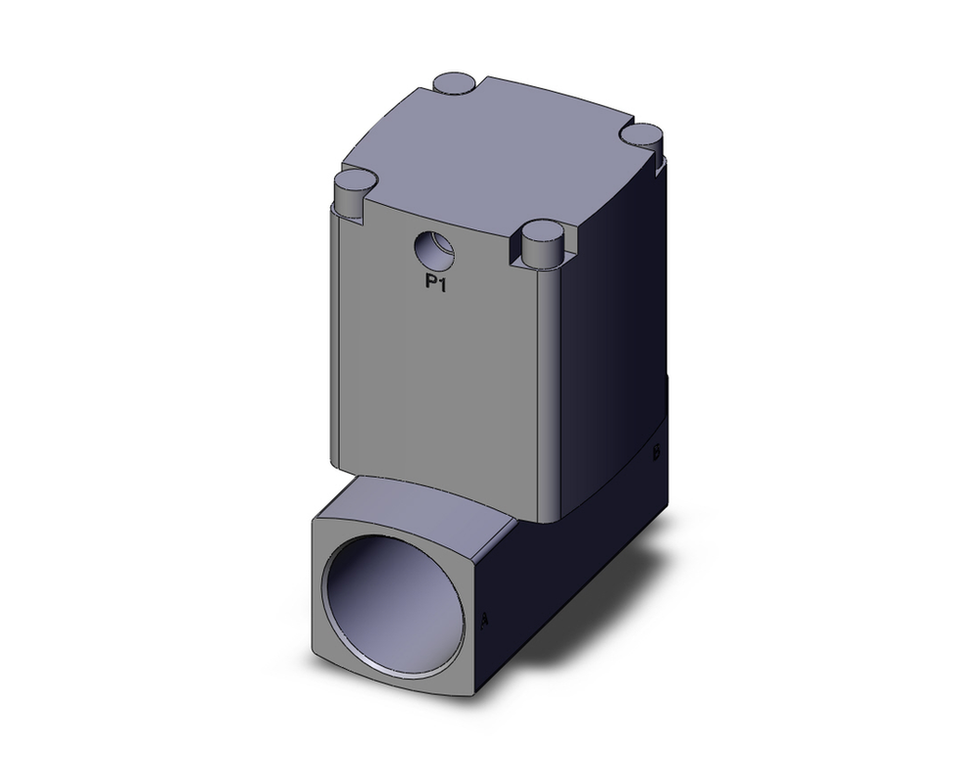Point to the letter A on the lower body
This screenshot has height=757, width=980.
(x=487, y=620)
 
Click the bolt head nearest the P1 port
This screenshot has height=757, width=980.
(x=541, y=241)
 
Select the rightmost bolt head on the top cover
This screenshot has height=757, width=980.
(x=644, y=136)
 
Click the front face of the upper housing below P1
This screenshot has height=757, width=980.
(x=436, y=382)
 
